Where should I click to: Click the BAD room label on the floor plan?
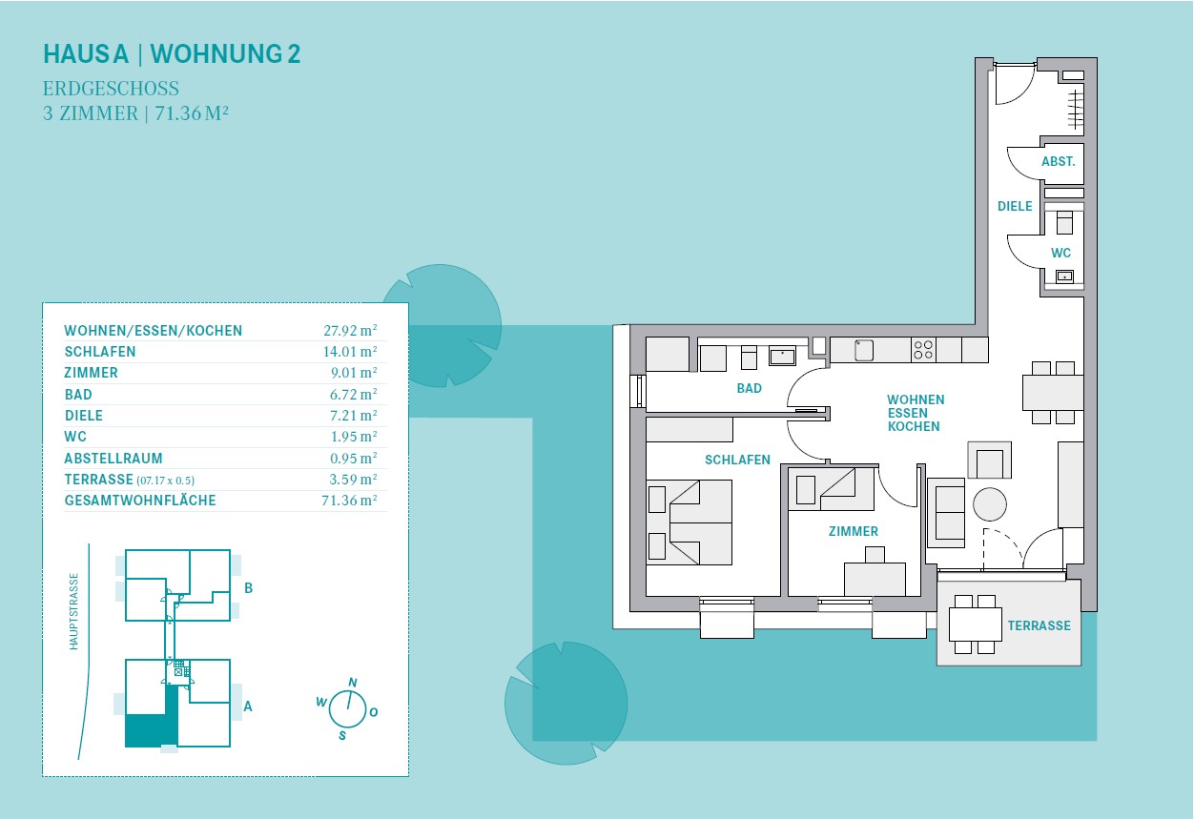[x=749, y=388]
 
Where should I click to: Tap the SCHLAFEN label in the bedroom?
[x=737, y=460]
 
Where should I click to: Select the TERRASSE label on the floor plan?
[x=1039, y=625]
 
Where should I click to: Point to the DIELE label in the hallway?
[x=1015, y=206]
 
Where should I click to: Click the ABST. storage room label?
[x=1059, y=161]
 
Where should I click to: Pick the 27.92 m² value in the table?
[x=350, y=331]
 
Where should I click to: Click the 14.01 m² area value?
[x=350, y=352]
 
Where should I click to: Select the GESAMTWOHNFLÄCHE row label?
[x=140, y=501]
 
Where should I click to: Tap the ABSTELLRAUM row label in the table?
[x=113, y=459]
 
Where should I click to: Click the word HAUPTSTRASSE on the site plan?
[x=73, y=612]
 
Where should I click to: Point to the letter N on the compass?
[x=352, y=683]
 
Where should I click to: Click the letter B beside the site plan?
[x=248, y=588]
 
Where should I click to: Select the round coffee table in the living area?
[x=990, y=504]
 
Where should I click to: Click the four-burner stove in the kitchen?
[x=923, y=350]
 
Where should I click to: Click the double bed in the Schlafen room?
[x=690, y=522]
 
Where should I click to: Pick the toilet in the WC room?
[x=1064, y=222]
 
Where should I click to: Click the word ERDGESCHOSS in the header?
[x=111, y=89]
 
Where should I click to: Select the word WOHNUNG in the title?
[x=216, y=53]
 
